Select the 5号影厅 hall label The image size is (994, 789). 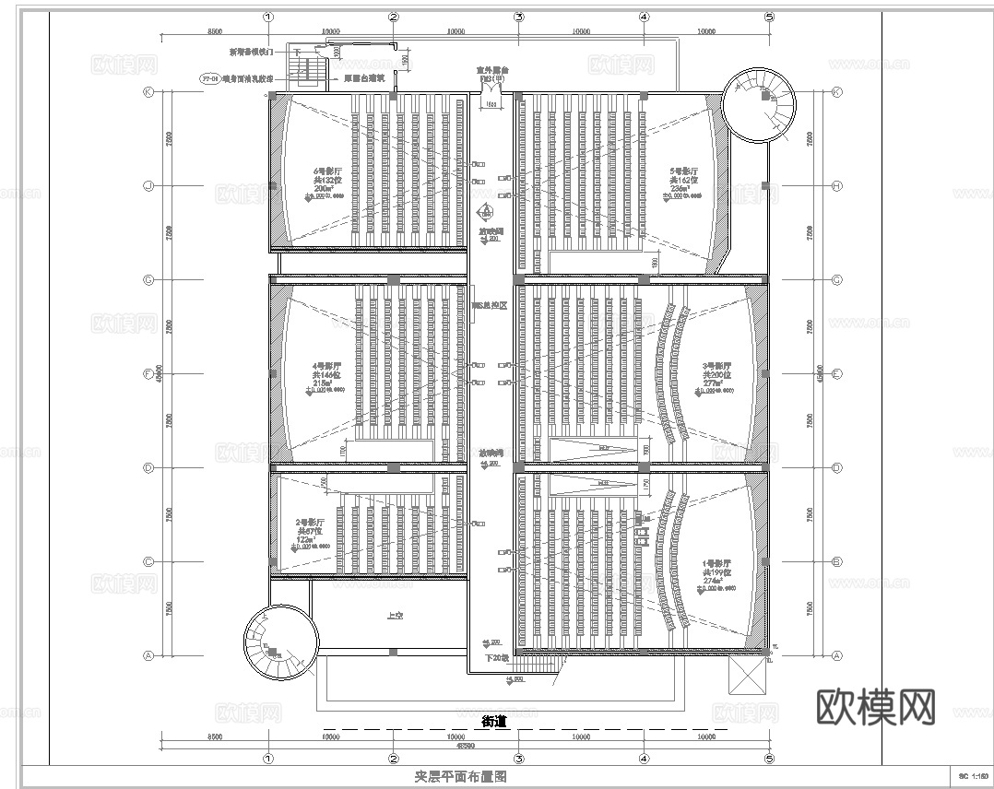683,171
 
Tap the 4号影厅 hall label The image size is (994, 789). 328,365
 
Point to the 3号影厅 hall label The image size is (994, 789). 716,366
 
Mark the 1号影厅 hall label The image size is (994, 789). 716,562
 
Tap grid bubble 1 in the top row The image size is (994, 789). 267,17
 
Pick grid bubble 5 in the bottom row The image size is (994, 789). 769,758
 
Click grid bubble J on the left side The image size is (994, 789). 148,186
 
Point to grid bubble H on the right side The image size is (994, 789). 837,186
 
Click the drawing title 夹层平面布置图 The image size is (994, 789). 461,777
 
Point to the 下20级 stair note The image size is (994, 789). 498,657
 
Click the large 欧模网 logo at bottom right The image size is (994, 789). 876,707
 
